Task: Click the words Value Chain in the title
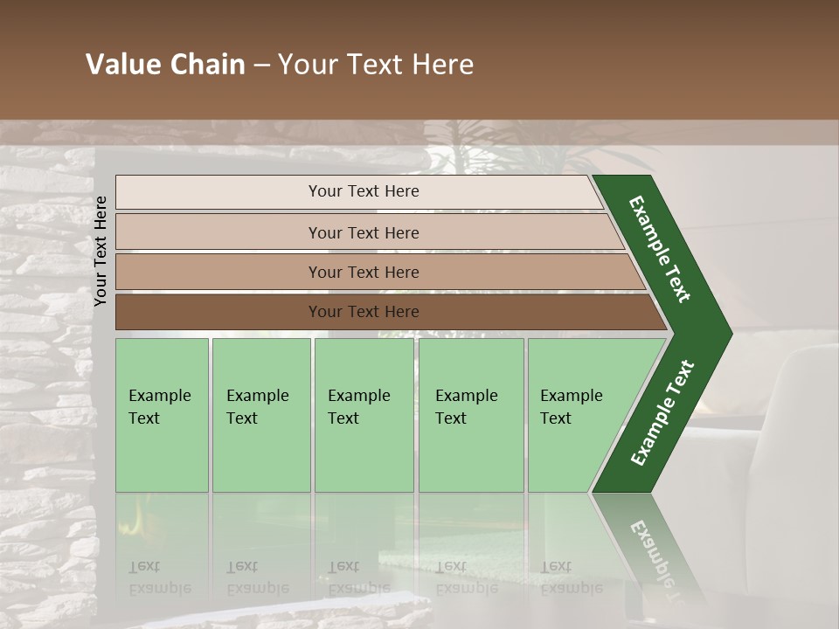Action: pos(165,65)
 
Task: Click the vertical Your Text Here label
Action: pos(101,251)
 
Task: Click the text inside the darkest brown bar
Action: pos(364,312)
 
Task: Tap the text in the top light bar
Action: pos(364,191)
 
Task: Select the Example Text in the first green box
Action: pos(159,407)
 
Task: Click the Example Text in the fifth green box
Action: pos(571,407)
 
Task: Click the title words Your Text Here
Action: pos(376,65)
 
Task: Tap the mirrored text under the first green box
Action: pos(159,577)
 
